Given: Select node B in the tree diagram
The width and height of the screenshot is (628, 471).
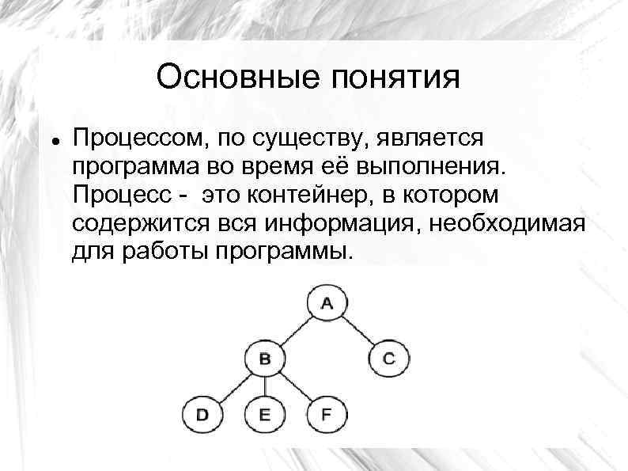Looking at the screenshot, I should pyautogui.click(x=264, y=359).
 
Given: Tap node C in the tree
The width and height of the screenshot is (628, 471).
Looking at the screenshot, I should pyautogui.click(x=388, y=359).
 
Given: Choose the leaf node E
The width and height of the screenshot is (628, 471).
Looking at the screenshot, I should pyautogui.click(x=264, y=414).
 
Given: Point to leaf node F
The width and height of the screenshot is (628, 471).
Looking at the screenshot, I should pyautogui.click(x=327, y=414).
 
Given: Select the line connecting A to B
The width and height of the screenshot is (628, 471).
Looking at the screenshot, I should pyautogui.click(x=296, y=330).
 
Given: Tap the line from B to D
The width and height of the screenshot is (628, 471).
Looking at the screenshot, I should pyautogui.click(x=233, y=386).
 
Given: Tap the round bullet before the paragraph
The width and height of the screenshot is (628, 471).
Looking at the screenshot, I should pyautogui.click(x=51, y=138).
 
